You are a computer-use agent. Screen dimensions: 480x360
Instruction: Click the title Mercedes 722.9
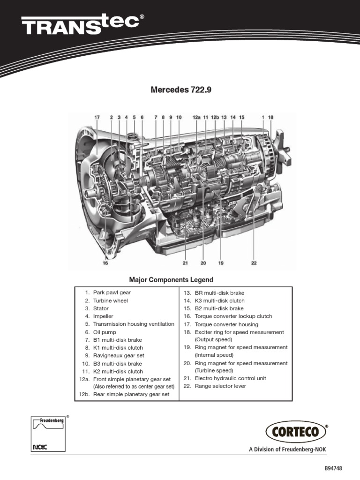[x=181, y=90]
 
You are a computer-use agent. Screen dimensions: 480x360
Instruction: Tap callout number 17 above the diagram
[x=97, y=118]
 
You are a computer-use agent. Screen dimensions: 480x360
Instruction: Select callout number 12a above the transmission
[x=196, y=118]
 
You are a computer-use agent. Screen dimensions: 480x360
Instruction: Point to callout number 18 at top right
[x=270, y=118]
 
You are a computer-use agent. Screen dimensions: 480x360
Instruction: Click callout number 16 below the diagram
[x=105, y=263]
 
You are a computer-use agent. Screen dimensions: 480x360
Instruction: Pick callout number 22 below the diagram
[x=254, y=263]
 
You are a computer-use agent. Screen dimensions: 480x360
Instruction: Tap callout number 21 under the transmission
[x=185, y=263]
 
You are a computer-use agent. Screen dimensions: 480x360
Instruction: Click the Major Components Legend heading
[x=171, y=280]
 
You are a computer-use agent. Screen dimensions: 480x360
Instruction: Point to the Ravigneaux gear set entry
[x=118, y=355]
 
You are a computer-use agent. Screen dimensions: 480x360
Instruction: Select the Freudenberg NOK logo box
[x=47, y=434]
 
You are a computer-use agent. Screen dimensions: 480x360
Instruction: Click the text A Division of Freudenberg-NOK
[x=287, y=450]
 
